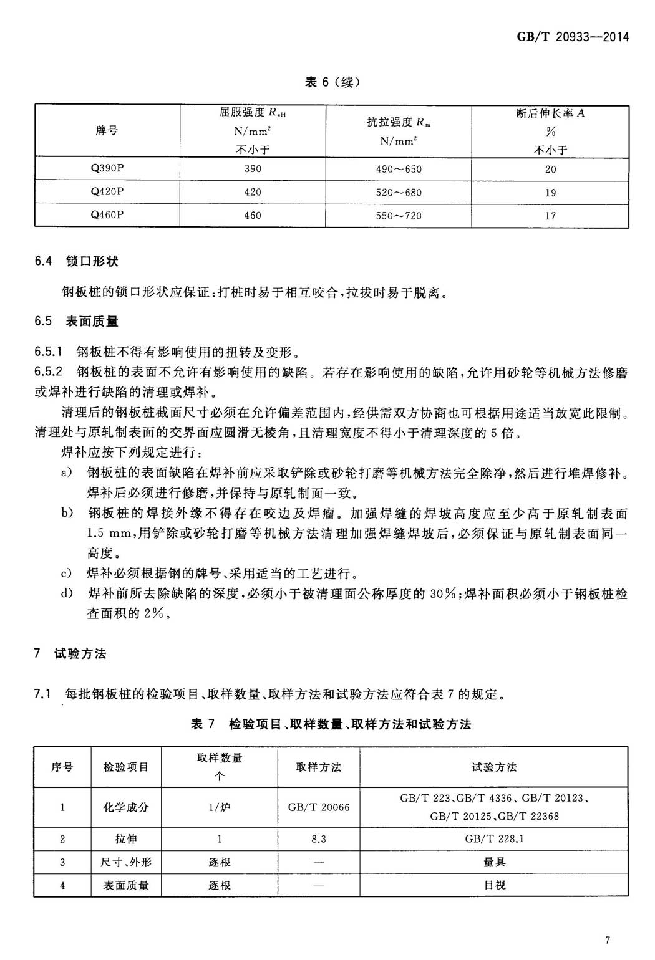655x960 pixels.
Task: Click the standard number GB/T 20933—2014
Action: (572, 37)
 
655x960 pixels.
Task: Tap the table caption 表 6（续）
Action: (332, 82)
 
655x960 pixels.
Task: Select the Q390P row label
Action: (107, 169)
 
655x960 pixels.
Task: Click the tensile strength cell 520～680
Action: (399, 193)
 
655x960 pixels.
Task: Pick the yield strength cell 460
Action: (253, 216)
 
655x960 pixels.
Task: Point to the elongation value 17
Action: (550, 216)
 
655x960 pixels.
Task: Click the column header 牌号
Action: (107, 131)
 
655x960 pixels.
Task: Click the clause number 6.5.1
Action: (49, 352)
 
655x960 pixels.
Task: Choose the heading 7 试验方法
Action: (70, 653)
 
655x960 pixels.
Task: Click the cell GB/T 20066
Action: (319, 807)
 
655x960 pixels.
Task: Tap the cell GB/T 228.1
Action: (493, 839)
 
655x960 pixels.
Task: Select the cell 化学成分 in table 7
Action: (126, 807)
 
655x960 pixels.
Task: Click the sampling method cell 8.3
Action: (319, 839)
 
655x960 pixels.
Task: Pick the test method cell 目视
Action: (493, 885)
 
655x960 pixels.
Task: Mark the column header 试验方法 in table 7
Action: (493, 767)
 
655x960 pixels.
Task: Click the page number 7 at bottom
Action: (606, 941)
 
